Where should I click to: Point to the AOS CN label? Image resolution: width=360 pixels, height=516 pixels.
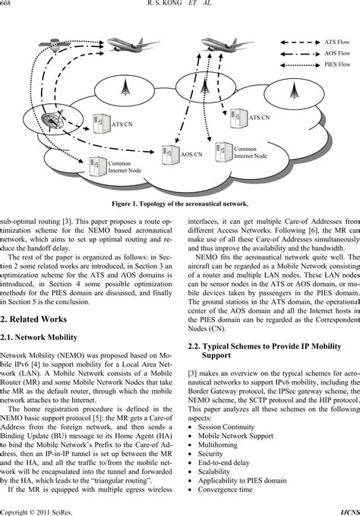[191, 153]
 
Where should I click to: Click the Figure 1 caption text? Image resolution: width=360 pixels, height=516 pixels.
[179, 203]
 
